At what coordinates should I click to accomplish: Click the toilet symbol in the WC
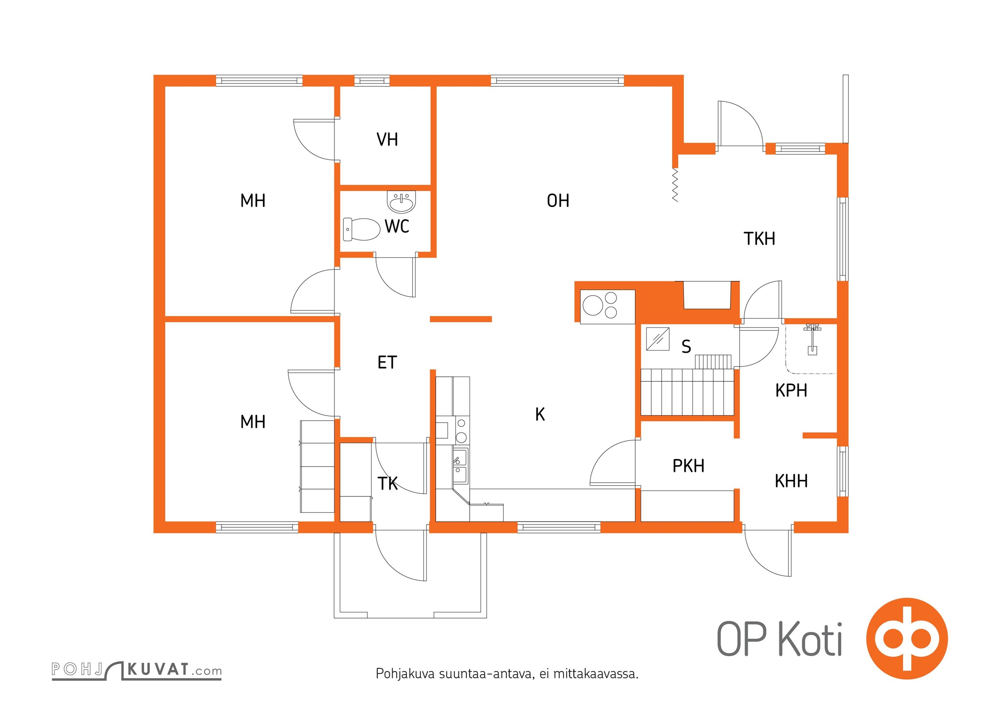click(362, 229)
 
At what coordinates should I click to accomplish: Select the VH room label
click(387, 140)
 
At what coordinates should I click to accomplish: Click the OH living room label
click(558, 201)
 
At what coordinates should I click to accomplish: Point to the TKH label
click(759, 239)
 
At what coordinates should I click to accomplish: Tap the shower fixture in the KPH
click(812, 339)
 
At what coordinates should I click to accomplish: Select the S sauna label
click(686, 347)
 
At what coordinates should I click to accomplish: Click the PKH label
click(688, 466)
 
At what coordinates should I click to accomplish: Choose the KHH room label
click(791, 481)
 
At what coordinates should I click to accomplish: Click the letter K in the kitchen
click(540, 414)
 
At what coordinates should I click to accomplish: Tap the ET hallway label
click(387, 362)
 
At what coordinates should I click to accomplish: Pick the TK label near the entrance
click(388, 483)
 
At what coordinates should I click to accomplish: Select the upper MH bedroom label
click(252, 201)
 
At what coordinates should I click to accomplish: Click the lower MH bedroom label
click(252, 422)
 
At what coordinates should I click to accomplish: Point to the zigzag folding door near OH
click(675, 185)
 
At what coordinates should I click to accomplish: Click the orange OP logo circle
click(907, 639)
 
